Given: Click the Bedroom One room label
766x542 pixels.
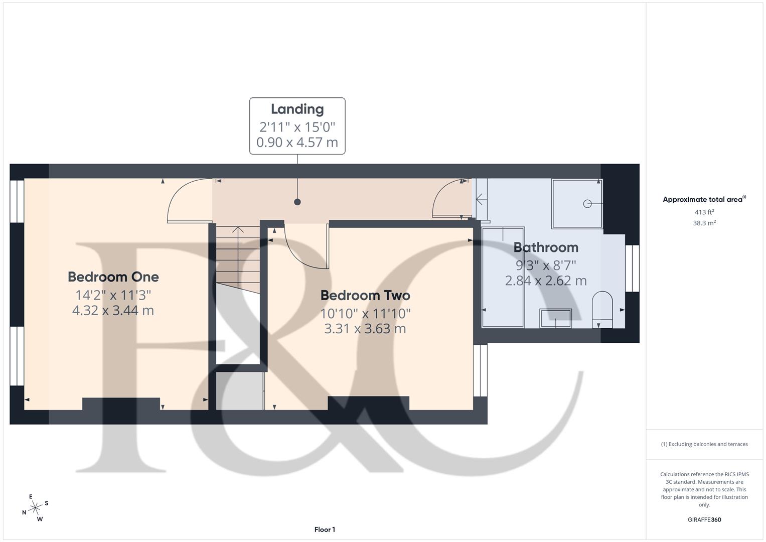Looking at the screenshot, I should coord(113,277).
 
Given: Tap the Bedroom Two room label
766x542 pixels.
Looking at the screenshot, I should coord(365,295).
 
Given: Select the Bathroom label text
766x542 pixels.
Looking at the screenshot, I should coord(546,247).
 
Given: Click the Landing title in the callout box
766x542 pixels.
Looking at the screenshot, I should coord(297,109).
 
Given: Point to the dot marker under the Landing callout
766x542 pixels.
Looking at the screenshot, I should coord(297,202).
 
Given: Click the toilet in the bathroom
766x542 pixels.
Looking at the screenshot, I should coord(602,310).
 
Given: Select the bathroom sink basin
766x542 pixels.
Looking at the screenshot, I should coord(555,318).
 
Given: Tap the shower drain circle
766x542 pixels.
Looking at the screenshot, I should coord(587,203).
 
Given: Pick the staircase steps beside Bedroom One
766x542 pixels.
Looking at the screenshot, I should coord(238,253).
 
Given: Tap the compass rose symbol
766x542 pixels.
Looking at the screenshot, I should coord(35,508).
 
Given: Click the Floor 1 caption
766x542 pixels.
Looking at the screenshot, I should coord(325,529).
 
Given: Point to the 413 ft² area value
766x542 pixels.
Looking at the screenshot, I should coord(704,212).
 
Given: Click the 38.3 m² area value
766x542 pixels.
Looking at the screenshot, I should coord(704,223).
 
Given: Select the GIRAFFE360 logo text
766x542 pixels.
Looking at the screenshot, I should coord(704,519).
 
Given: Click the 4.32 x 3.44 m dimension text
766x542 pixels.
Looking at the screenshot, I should coord(113,311).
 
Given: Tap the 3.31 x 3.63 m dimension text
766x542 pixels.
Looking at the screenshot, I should coord(365,329).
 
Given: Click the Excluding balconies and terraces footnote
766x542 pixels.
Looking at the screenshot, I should coord(704,444).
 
